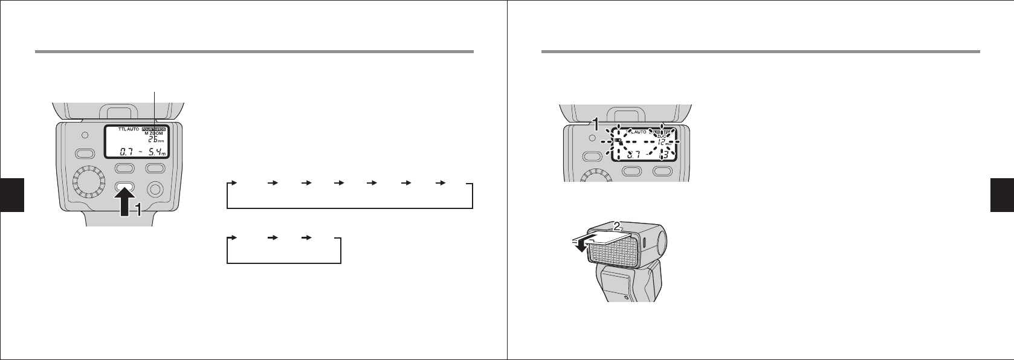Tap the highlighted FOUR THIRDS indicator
pos(154,129)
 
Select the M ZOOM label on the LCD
pos(155,134)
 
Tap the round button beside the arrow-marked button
pos(155,190)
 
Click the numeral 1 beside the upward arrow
pos(138,210)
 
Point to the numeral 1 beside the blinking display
pos(595,125)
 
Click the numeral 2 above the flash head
pos(616,226)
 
